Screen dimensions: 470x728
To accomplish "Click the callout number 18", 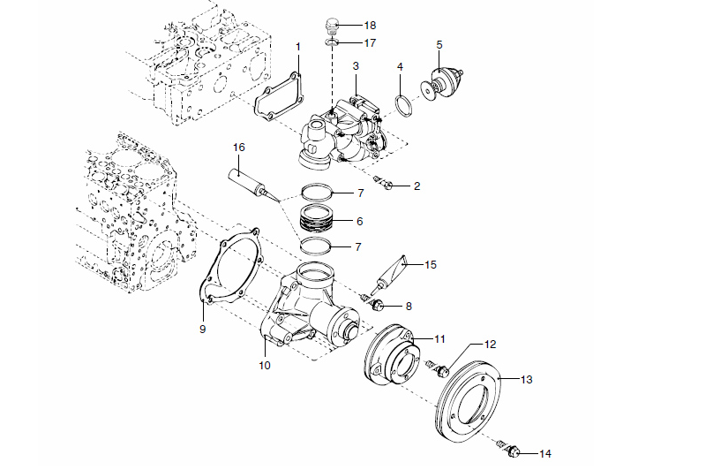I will tap(371, 26).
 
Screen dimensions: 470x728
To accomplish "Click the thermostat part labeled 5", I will tap(439, 83).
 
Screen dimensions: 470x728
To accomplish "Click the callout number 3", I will tap(355, 66).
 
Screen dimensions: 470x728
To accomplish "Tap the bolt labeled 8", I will tap(378, 306).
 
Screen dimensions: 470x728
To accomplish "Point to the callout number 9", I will tap(203, 328).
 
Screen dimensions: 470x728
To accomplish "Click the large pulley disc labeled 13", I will tap(472, 401).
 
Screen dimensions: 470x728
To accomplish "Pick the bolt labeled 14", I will tap(511, 452).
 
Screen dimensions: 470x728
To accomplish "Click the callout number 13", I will tap(527, 380).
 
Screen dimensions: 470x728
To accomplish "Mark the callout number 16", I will tap(238, 146).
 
